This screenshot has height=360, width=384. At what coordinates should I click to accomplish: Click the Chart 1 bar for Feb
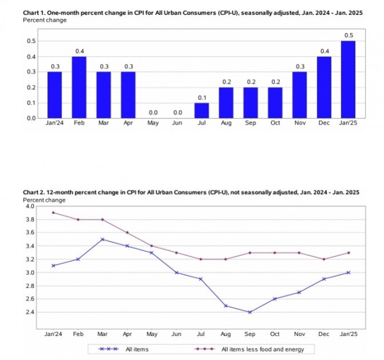pos(79,87)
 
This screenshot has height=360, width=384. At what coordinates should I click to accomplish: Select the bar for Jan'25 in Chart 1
pos(348,79)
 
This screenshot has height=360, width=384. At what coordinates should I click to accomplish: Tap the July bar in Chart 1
pos(201,110)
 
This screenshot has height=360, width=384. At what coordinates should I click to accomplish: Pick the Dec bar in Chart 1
pos(324,87)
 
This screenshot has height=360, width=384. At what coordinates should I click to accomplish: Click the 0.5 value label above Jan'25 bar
pos(348,35)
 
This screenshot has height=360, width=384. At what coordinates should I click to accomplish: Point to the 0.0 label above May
pos(152,113)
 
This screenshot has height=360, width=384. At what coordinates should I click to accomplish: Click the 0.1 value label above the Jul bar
pos(201,98)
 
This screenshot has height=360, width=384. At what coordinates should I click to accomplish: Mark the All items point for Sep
pos(250,312)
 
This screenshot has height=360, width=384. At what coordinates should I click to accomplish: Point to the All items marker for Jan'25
pos(349,272)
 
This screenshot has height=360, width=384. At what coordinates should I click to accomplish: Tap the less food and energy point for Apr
pos(128,232)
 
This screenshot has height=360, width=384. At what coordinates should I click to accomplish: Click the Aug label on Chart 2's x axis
pos(225,333)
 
